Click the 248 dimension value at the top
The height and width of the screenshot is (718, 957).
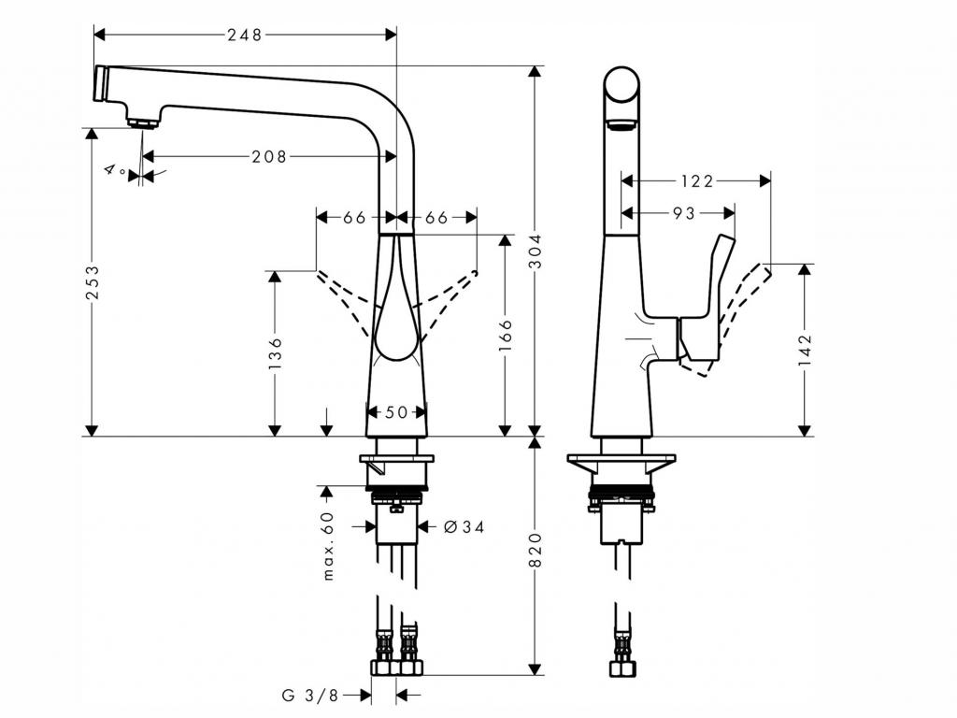(x=245, y=35)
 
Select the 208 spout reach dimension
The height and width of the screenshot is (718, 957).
(x=269, y=156)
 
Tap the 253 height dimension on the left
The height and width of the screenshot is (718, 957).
(x=93, y=282)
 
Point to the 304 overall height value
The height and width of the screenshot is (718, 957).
(x=535, y=263)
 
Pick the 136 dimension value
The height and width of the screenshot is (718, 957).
(x=275, y=354)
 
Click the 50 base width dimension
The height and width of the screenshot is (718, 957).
(x=396, y=412)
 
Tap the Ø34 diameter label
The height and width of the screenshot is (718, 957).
(x=464, y=527)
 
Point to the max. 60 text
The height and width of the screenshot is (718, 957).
(x=327, y=546)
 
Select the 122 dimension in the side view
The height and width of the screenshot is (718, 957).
(x=695, y=181)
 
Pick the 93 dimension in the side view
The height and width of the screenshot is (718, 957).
(x=684, y=214)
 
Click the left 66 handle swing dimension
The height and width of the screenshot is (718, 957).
(x=354, y=218)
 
